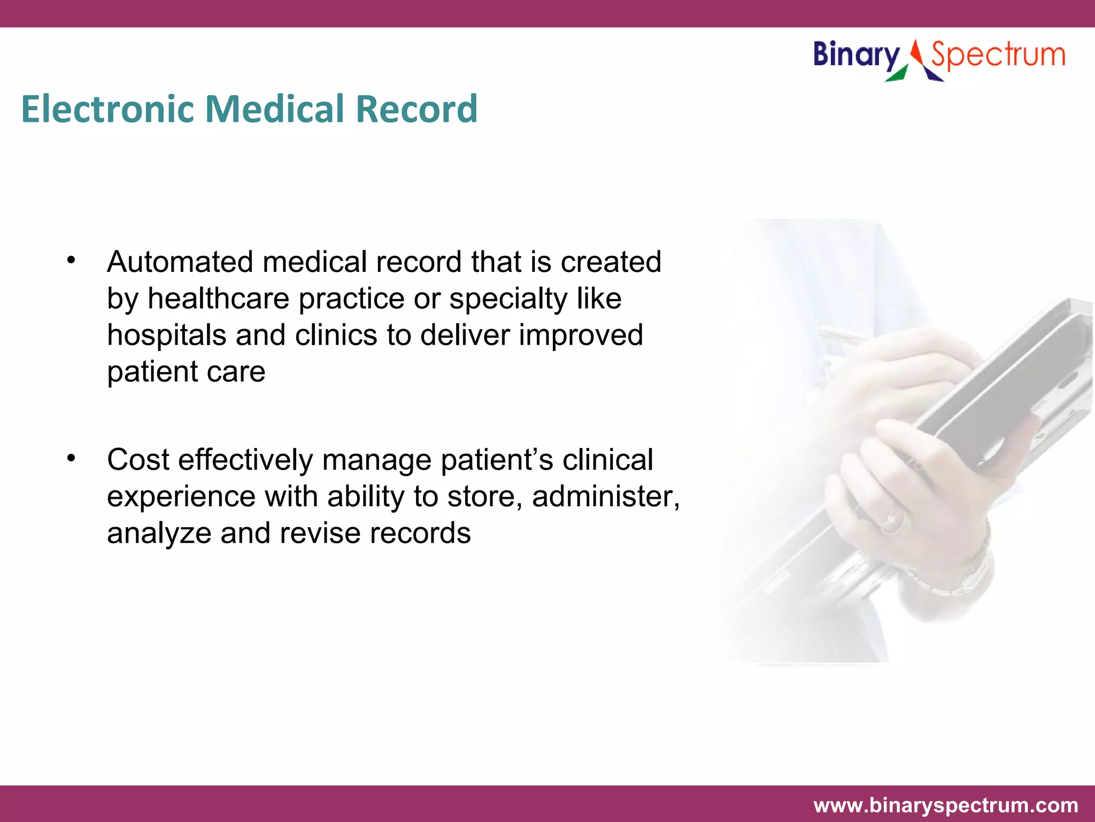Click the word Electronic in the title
point(107,109)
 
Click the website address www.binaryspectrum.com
point(945,805)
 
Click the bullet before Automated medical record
point(71,261)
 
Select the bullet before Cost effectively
point(71,458)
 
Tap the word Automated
point(180,262)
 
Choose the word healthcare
point(218,299)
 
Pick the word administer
point(605,497)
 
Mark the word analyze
point(159,534)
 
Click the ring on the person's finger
point(892,519)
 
